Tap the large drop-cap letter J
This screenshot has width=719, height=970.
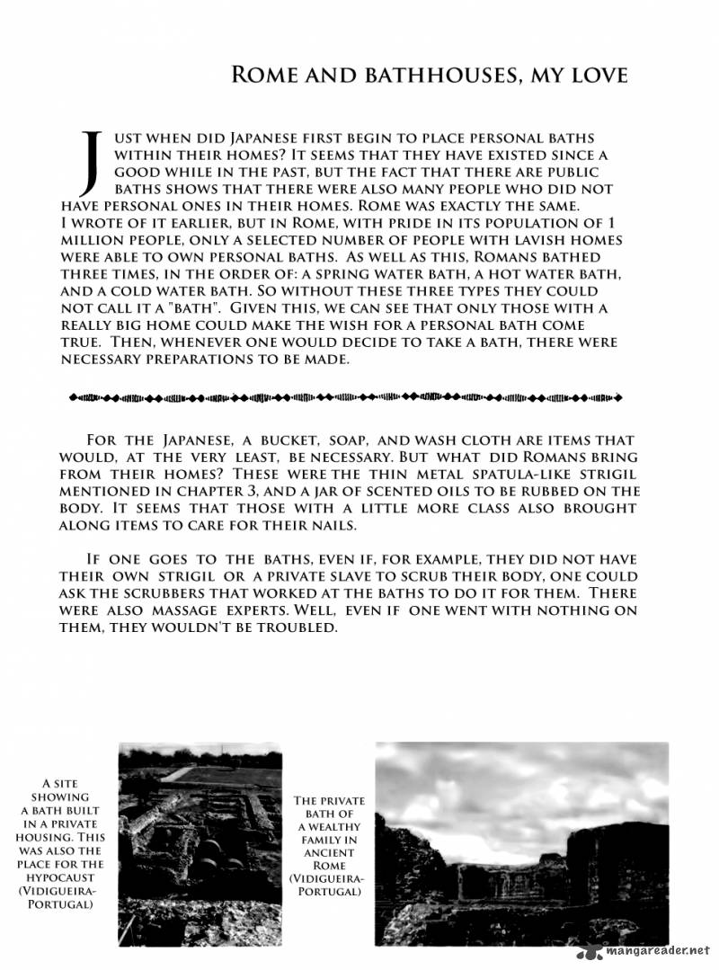[89, 162]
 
